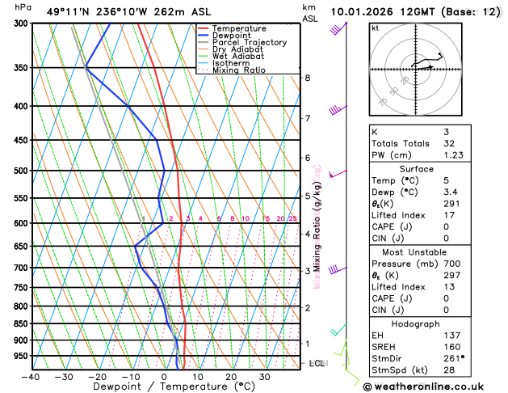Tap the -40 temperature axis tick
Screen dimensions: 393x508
(x=31, y=377)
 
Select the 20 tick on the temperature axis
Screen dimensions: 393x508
(x=231, y=377)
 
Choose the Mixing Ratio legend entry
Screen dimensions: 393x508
(x=238, y=70)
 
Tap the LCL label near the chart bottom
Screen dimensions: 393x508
(x=317, y=363)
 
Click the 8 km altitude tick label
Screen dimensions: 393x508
(x=307, y=78)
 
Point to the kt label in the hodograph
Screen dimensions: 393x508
(x=375, y=27)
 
